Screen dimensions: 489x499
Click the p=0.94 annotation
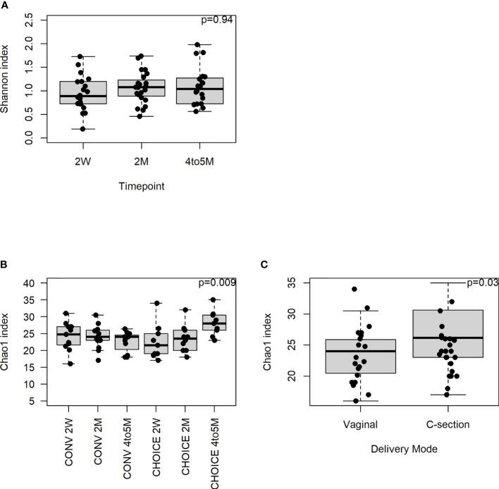point(218,19)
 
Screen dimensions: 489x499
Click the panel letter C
point(264,266)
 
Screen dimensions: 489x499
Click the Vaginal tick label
point(361,424)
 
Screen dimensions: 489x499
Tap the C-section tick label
point(443,424)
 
